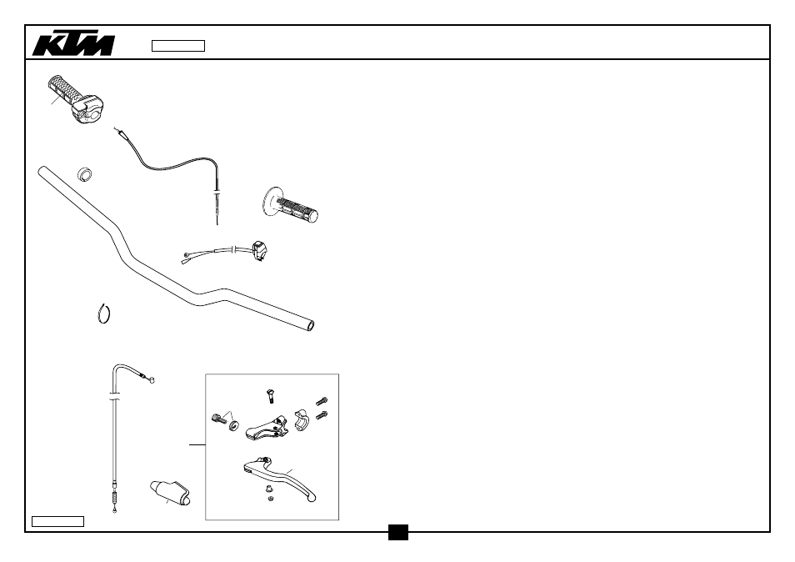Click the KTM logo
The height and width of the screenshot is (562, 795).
pos(73,45)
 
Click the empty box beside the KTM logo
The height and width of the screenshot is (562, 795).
pos(178,46)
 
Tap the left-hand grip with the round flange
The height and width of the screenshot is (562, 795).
pos(290,205)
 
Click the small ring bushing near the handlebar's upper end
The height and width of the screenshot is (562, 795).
pos(85,174)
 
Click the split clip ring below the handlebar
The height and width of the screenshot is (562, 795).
pos(104,314)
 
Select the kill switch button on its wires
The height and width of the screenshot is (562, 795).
pos(260,251)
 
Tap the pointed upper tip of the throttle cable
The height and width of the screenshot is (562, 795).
pos(116,129)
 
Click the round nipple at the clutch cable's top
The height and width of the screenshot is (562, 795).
pos(151,379)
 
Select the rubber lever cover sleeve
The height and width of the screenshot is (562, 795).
pos(170,493)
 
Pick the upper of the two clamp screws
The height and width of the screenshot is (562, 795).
pos(322,401)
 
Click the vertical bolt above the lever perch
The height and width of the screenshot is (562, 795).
pos(270,396)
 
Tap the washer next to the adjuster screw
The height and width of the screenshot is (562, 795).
pos(233,425)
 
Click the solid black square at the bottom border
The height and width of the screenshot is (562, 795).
pos(398,533)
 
